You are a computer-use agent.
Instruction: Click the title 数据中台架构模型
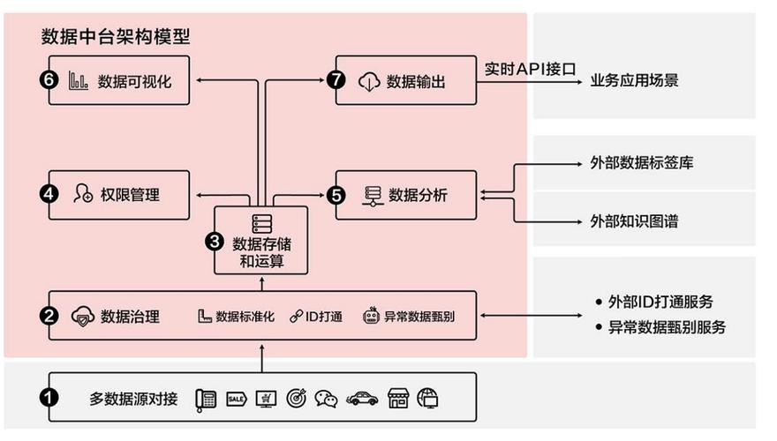[x=116, y=37]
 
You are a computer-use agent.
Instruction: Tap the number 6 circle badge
[x=49, y=81]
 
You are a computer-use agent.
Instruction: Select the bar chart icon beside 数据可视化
[x=79, y=81]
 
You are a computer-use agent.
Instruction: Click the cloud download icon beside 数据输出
[x=367, y=81]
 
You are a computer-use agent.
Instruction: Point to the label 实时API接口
[x=530, y=68]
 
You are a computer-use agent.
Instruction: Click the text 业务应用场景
[x=634, y=81]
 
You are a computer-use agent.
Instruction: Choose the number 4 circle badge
[x=49, y=194]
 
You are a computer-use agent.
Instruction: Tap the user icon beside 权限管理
[x=84, y=194]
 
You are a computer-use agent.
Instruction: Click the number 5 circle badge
[x=336, y=194]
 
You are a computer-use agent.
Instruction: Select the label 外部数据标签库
[x=647, y=163]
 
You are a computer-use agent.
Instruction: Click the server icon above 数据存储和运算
[x=262, y=223]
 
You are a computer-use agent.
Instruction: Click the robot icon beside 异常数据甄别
[x=371, y=316]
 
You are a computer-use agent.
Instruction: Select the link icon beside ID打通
[x=297, y=316]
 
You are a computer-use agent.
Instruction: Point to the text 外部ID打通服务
[x=661, y=301]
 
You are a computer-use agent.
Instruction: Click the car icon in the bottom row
[x=362, y=399]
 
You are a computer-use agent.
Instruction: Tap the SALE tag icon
[x=236, y=399]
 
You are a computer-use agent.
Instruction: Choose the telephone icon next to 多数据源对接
[x=207, y=399]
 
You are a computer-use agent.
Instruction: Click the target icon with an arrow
[x=296, y=399]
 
